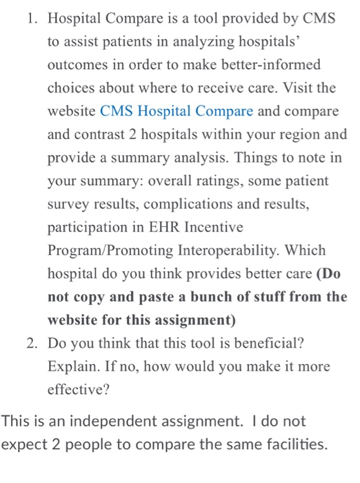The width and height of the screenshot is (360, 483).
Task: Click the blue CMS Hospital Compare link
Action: click(x=177, y=110)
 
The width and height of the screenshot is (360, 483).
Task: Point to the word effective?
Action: click(x=76, y=391)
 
